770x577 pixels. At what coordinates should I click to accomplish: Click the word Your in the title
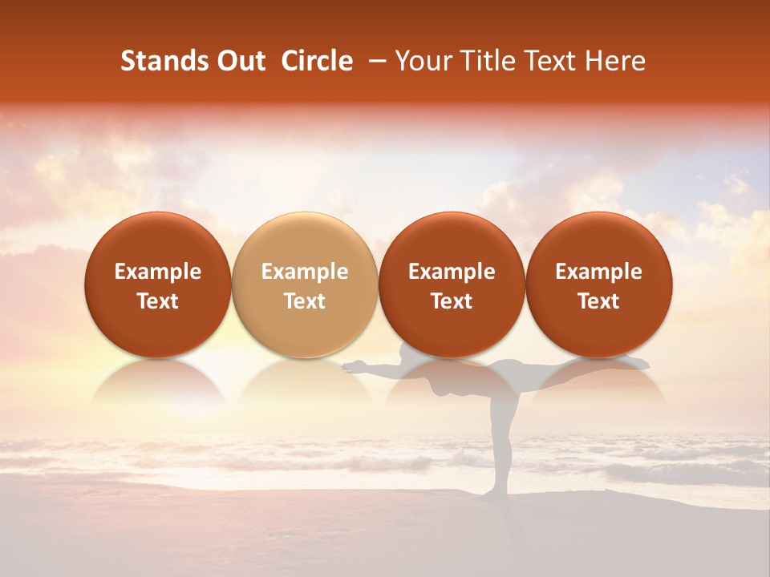click(421, 62)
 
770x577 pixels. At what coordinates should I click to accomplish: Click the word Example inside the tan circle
click(305, 272)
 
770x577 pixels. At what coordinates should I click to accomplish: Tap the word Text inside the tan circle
click(305, 301)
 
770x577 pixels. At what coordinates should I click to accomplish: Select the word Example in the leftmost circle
click(158, 272)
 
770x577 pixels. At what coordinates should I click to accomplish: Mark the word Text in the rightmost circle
click(599, 301)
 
